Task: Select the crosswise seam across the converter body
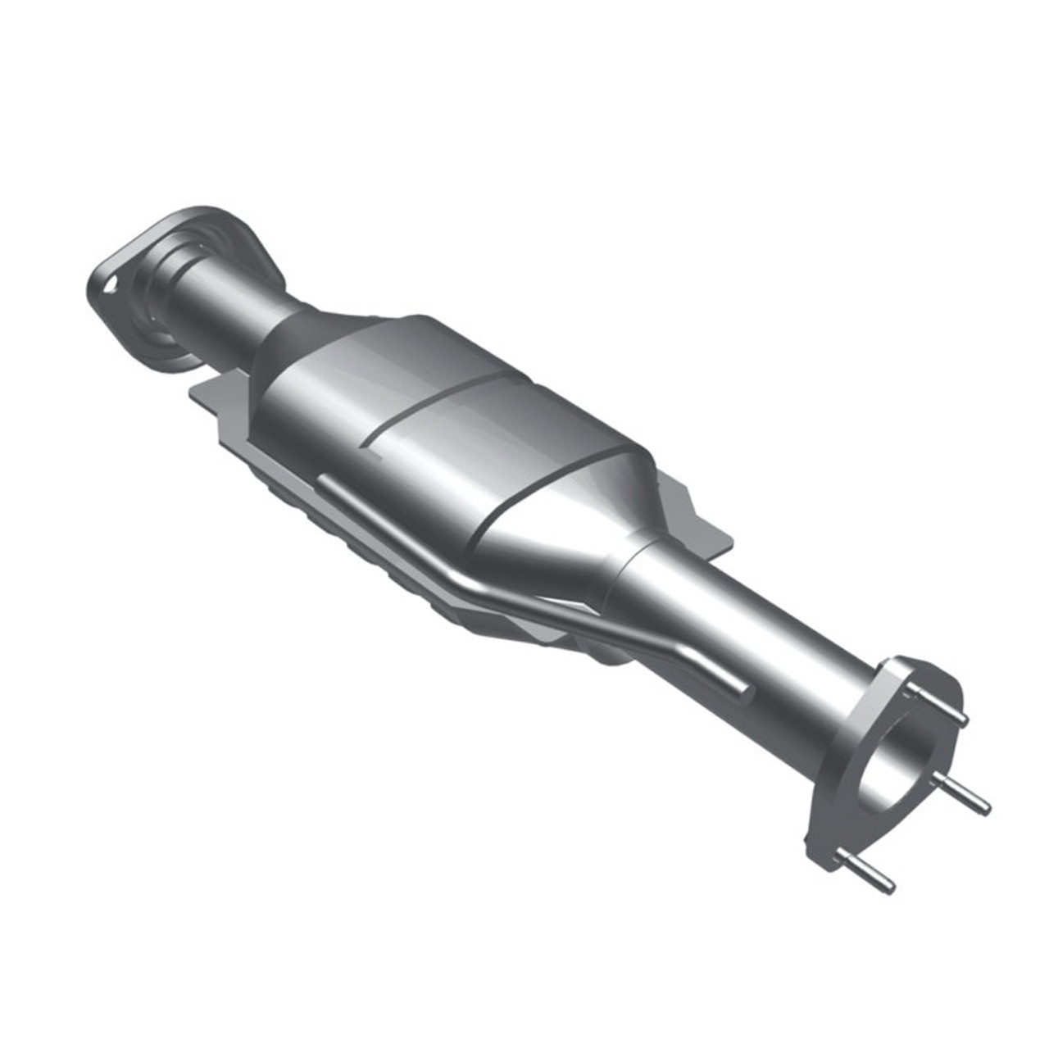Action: point(443,410)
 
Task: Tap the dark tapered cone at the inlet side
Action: point(291,344)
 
